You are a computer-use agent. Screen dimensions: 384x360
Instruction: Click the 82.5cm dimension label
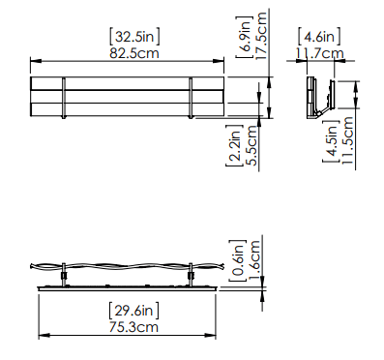(x=134, y=53)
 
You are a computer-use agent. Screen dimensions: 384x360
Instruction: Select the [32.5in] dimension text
(x=134, y=37)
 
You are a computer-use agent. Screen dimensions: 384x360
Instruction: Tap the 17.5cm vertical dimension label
(x=261, y=36)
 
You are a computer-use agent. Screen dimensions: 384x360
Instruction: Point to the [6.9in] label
(x=244, y=37)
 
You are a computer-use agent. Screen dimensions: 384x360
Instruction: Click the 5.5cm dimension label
(x=252, y=145)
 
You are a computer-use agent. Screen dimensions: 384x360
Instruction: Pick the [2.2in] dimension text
(x=234, y=146)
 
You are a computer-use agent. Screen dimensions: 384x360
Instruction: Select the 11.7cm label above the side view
(x=320, y=53)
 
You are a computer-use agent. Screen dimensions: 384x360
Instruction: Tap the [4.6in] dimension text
(x=319, y=37)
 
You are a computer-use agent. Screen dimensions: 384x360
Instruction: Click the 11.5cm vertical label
(x=347, y=140)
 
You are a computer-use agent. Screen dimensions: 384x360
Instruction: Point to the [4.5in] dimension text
(x=331, y=141)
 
